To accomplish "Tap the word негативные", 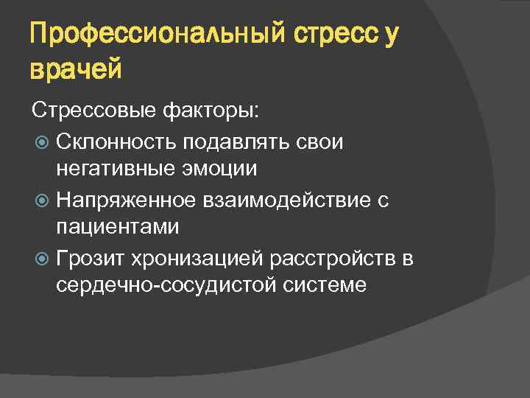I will [x=119, y=169].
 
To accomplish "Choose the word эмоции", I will [x=222, y=169].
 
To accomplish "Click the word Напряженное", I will [x=125, y=199].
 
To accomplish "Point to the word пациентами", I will [x=118, y=227].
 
